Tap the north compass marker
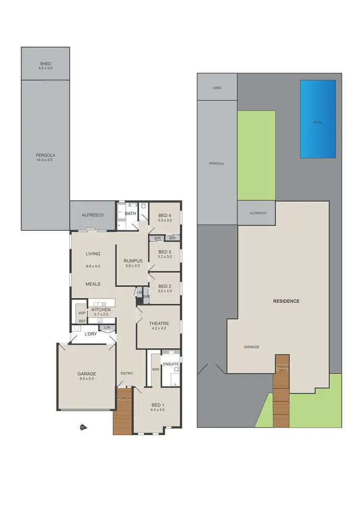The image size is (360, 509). point(83,427)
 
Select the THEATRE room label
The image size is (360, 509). point(158,323)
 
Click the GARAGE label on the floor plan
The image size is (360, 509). point(87,374)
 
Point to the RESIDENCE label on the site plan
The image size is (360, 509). point(286,301)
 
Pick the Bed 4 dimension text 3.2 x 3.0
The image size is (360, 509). point(165,221)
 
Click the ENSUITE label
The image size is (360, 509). point(170,364)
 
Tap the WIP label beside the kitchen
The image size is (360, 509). point(82,313)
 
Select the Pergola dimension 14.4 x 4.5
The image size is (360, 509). point(46,160)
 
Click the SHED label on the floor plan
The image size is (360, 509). point(46,64)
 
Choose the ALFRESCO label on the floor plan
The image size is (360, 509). point(94,215)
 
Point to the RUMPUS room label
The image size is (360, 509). point(133,261)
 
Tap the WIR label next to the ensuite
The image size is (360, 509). point(156,369)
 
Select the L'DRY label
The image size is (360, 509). point(91,334)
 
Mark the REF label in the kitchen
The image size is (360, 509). point(82,321)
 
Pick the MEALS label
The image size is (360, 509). point(93,284)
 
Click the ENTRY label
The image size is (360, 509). point(127,373)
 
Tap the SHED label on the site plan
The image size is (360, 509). point(217,88)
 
